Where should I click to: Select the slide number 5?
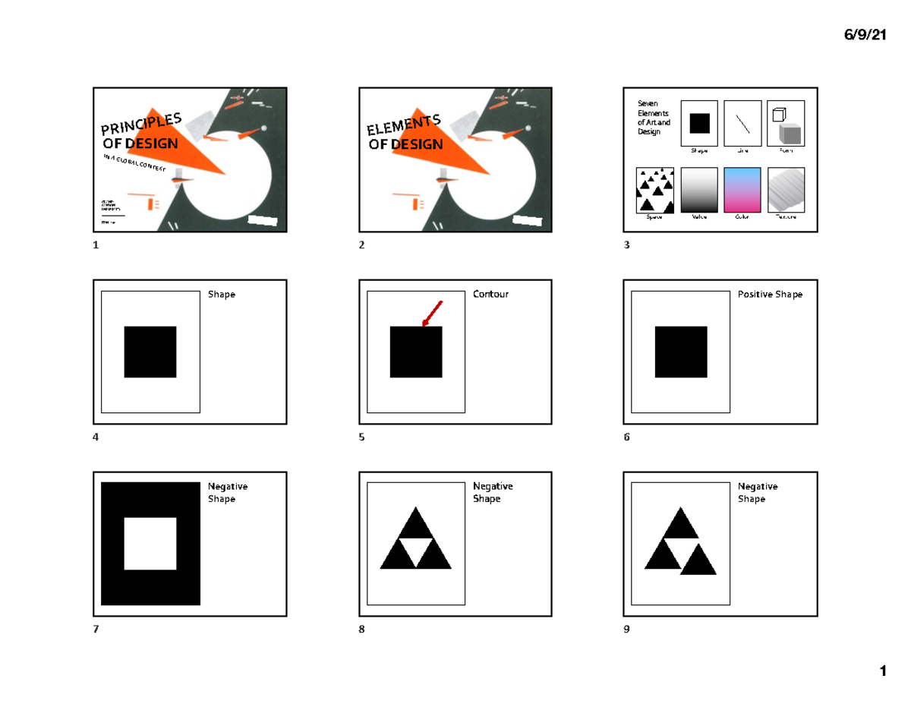pos(362,437)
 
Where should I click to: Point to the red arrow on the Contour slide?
pos(431,314)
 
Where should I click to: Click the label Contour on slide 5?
pos(490,294)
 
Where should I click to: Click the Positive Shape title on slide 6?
pos(770,294)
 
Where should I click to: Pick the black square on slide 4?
pos(150,352)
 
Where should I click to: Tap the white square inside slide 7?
pos(150,544)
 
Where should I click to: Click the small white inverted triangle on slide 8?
pos(415,547)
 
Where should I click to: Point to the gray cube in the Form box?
pos(790,134)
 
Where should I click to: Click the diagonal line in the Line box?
pos(742,122)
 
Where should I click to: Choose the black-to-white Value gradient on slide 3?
pos(699,190)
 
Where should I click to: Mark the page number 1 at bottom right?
pos(882,671)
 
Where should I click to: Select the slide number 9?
pos(626,630)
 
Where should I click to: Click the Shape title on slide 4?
pos(222,294)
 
